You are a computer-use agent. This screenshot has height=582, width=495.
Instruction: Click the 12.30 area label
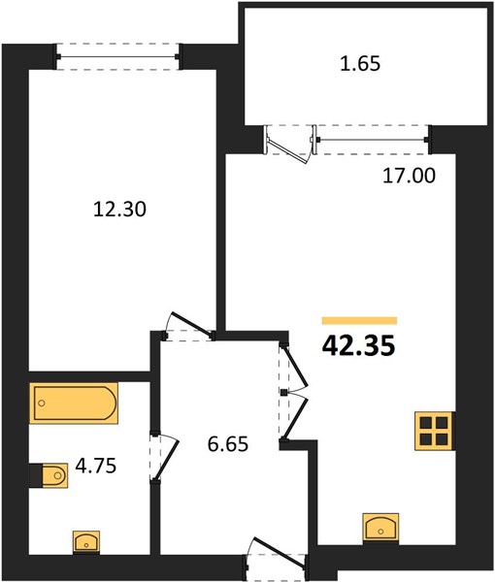pyautogui.click(x=119, y=210)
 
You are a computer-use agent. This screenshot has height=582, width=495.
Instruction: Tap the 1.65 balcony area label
pyautogui.click(x=360, y=63)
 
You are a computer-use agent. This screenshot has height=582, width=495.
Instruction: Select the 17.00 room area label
pyautogui.click(x=409, y=176)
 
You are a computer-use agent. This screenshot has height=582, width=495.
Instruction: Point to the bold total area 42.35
pyautogui.click(x=359, y=346)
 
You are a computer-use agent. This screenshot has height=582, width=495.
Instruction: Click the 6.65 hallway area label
pyautogui.click(x=228, y=443)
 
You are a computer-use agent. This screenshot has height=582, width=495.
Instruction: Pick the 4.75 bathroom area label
pyautogui.click(x=96, y=466)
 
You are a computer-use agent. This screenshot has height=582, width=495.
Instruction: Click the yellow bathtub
pyautogui.click(x=74, y=404)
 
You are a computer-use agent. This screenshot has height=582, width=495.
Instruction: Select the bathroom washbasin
pyautogui.click(x=86, y=542)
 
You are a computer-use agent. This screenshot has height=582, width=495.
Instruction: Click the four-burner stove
pyautogui.click(x=435, y=431)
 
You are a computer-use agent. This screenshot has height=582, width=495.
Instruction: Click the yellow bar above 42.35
pyautogui.click(x=359, y=321)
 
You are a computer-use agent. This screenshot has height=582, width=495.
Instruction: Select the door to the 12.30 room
pyautogui.click(x=189, y=326)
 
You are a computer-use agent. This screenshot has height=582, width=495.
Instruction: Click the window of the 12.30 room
pyautogui.click(x=118, y=57)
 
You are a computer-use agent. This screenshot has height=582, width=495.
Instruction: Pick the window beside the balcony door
pyautogui.click(x=373, y=140)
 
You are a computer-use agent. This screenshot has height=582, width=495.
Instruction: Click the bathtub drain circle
pyautogui.click(x=42, y=404)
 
